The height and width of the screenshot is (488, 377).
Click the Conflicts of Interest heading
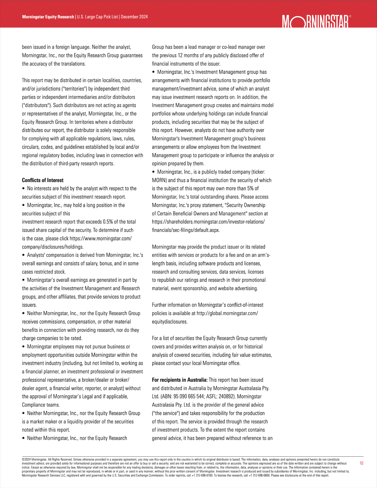43,180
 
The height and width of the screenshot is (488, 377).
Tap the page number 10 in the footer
361,463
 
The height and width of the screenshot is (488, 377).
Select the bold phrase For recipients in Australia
180,380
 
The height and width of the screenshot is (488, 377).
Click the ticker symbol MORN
159,180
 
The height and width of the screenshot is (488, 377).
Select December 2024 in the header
134,17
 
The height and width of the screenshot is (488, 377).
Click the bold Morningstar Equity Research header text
48,17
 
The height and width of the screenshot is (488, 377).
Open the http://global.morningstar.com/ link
227,313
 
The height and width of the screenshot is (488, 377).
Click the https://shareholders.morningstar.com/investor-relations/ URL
208,222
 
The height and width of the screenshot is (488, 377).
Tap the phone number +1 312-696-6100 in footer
202,475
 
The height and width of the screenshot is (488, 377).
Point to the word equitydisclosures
170,321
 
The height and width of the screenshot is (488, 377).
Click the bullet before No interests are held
24,188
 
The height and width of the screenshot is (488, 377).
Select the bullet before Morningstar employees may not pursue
24,346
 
